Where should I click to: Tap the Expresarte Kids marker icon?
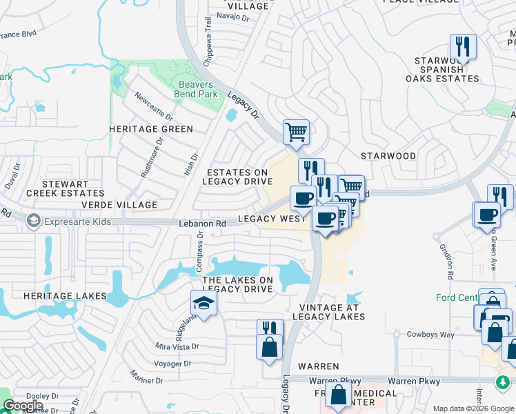[32, 221]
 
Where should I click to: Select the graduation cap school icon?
[204, 302]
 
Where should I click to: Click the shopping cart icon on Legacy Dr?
[296, 131]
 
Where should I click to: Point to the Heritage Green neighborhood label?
[151, 129]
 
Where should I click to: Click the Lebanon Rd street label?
[202, 224]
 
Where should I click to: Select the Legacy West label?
[271, 219]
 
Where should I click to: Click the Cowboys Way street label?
[430, 335]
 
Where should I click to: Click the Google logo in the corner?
[23, 406]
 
